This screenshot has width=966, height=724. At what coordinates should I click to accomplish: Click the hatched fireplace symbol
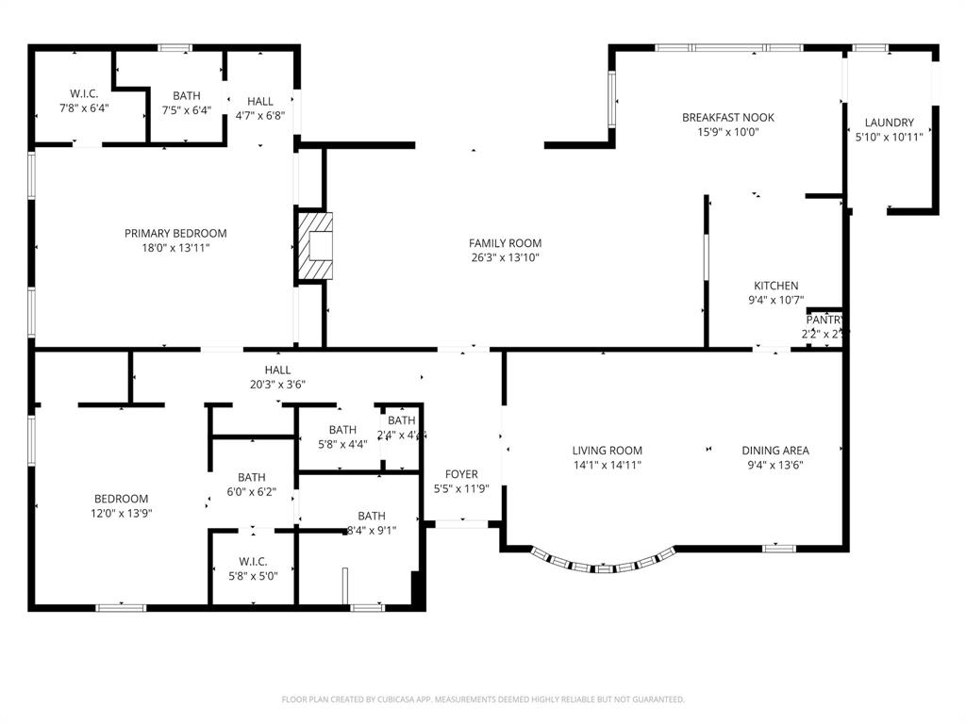point(315,247)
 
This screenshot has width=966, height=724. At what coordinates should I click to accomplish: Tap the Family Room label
point(505,243)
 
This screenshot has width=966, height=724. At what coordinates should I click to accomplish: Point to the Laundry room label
point(889,123)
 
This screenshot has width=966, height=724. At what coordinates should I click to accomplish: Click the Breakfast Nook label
point(727,118)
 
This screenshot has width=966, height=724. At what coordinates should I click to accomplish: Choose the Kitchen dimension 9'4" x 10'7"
point(775,301)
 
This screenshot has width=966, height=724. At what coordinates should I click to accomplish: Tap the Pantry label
point(824,321)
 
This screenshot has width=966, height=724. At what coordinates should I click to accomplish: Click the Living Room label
point(607,451)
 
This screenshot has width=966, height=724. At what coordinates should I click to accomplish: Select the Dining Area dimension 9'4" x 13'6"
point(774,465)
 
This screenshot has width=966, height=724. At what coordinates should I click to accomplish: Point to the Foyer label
point(461,474)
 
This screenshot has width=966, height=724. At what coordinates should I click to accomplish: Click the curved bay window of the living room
point(604,565)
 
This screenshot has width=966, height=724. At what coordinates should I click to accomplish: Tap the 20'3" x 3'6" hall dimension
point(277,385)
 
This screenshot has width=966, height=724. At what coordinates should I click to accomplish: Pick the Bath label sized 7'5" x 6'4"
point(187,96)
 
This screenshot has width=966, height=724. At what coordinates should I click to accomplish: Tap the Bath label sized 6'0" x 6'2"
point(252,477)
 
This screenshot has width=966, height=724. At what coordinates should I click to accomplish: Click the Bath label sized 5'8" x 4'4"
point(342,430)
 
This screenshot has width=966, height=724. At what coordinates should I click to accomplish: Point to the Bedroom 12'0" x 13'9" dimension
point(121,514)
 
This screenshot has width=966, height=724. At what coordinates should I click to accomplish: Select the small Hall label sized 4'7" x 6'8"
point(260,102)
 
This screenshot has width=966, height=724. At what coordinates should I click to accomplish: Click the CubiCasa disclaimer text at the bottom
point(483,699)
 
